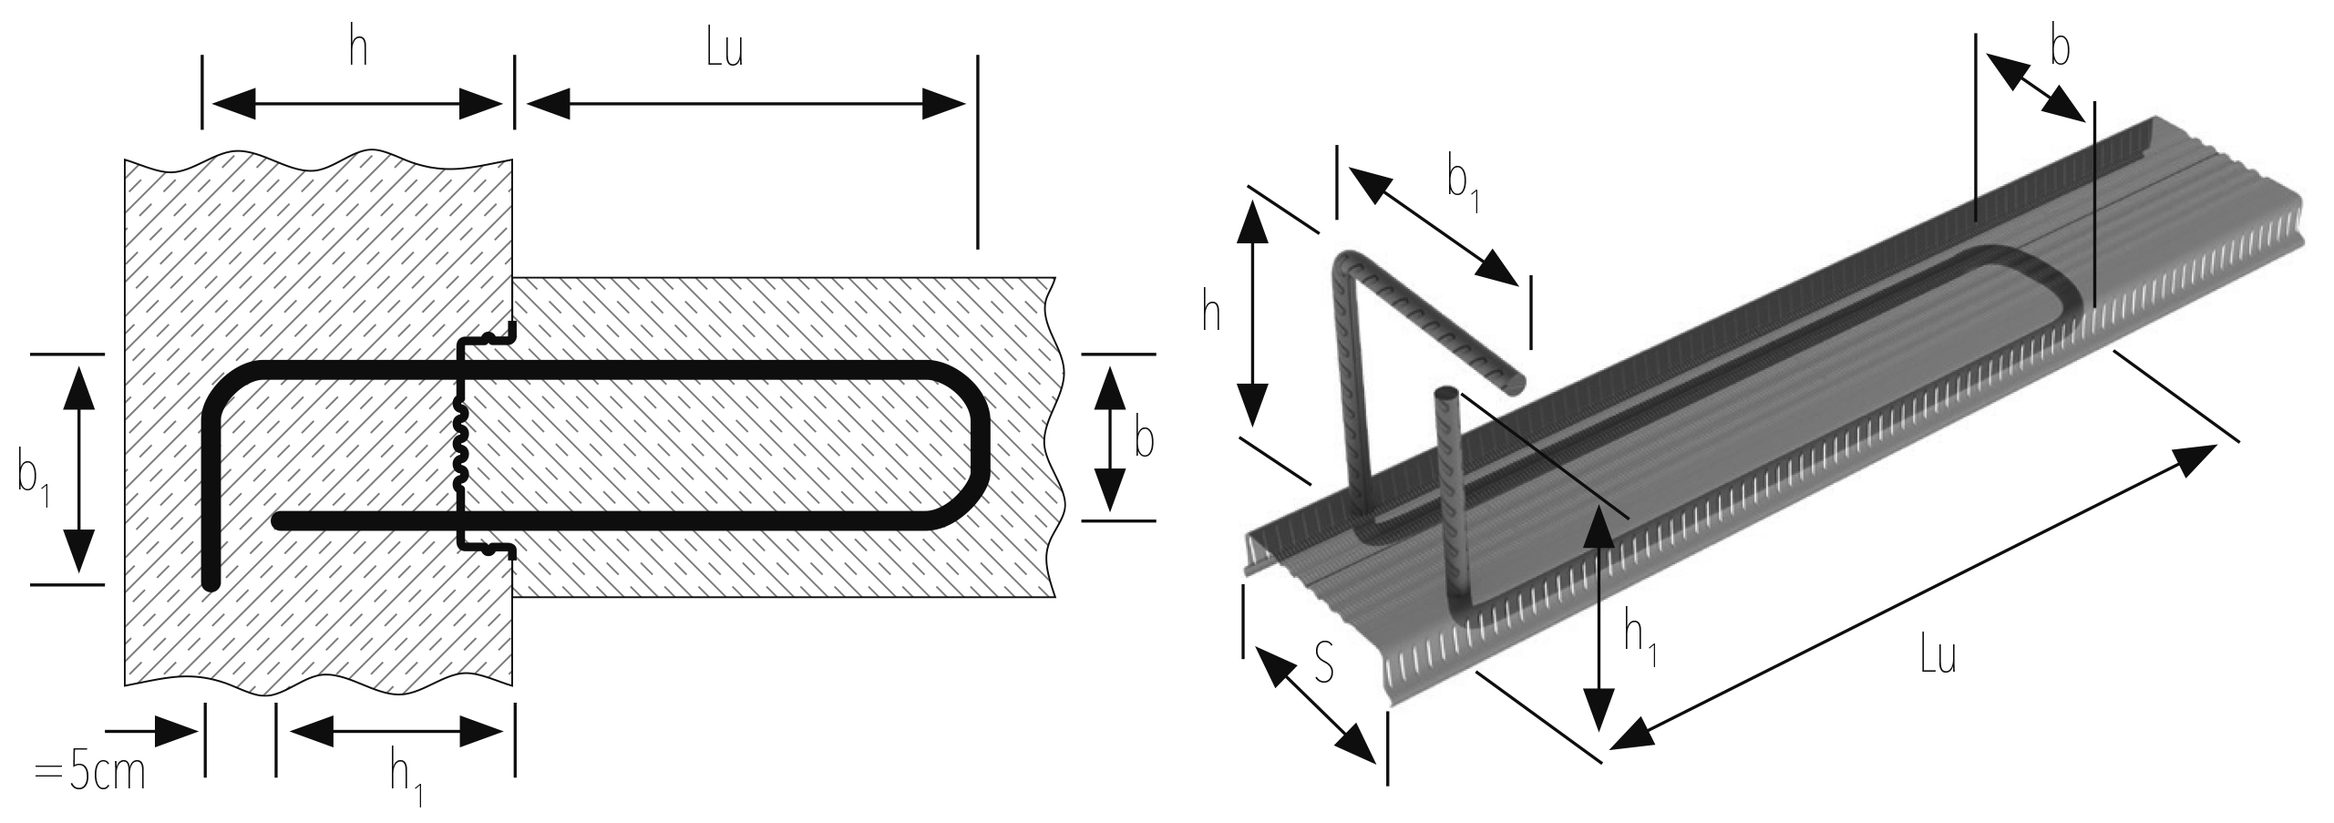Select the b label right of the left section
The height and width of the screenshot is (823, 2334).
pos(1144,440)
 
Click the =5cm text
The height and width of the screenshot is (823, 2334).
pos(89,774)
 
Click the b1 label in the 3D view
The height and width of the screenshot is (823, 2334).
pos(1462,186)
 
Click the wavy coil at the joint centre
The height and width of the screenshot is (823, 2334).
pos(460,444)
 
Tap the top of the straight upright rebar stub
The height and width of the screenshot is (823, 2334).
pos(1446,395)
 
